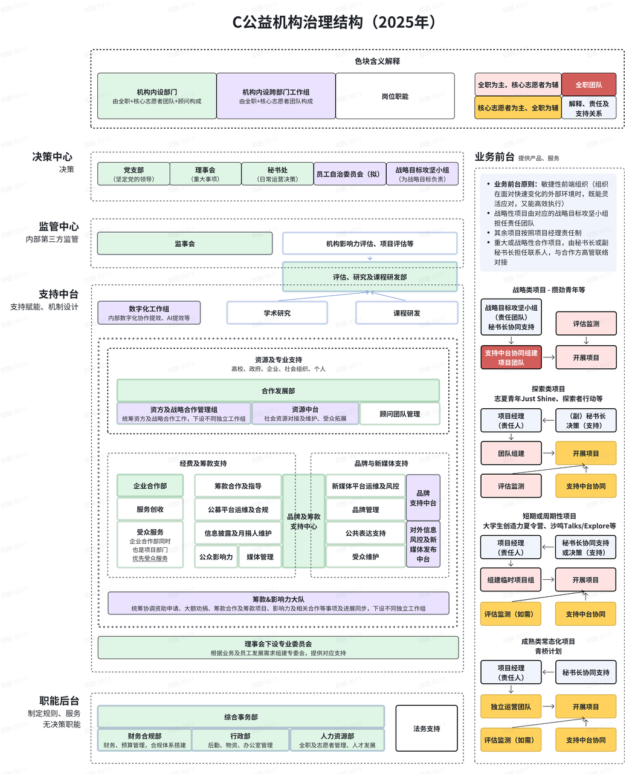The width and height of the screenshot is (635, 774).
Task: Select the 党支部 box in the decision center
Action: tap(134, 174)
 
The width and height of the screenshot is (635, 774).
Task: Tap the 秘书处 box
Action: tap(277, 174)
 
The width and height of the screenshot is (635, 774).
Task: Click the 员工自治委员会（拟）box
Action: tap(349, 174)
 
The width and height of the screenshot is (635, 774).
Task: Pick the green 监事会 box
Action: tap(185, 244)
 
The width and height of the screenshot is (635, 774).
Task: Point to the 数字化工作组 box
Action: tap(149, 313)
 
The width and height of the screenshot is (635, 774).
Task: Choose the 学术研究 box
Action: tap(277, 313)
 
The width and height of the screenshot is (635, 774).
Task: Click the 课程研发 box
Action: tap(407, 313)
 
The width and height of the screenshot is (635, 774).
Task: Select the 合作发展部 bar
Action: tap(278, 391)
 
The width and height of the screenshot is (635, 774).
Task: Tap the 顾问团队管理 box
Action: tap(399, 414)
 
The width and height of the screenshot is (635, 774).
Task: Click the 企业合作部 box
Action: tap(150, 486)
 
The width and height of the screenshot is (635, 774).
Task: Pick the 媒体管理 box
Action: tap(260, 557)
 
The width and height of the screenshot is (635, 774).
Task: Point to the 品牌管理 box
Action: tap(366, 510)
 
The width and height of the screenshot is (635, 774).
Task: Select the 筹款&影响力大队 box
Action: tap(278, 603)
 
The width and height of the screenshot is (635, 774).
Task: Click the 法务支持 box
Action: tap(427, 729)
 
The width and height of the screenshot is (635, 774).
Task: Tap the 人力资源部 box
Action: tap(337, 740)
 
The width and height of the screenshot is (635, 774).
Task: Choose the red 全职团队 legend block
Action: tap(588, 85)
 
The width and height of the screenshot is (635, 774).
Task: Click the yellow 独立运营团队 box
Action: tap(511, 706)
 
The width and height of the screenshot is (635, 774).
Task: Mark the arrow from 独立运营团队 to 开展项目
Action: tap(549, 706)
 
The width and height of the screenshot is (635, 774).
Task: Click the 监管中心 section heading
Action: tap(59, 227)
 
